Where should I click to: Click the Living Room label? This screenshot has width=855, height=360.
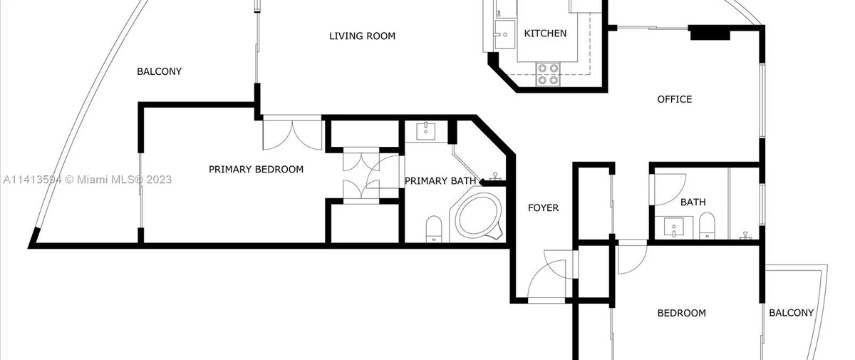click(362, 36)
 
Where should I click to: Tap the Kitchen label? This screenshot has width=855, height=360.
click(545, 34)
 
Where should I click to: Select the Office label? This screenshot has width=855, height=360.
click(675, 99)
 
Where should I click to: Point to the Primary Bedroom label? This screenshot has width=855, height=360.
click(256, 169)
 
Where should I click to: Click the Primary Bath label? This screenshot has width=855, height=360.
click(440, 181)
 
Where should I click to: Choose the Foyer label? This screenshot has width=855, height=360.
click(543, 207)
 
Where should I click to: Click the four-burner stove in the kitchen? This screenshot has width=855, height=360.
click(548, 74)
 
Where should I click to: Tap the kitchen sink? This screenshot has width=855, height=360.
click(504, 34)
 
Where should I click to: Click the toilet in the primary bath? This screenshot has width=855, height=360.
click(434, 229)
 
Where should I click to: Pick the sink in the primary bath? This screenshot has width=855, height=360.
click(425, 131)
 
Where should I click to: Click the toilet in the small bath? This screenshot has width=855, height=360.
click(707, 225)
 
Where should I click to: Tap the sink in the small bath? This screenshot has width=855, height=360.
click(674, 227)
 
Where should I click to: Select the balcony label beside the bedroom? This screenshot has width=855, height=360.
click(792, 313)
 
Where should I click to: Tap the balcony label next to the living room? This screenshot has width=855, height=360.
click(159, 71)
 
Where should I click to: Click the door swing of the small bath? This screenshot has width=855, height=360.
click(670, 190)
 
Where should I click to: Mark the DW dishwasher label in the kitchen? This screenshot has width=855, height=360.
click(499, 13)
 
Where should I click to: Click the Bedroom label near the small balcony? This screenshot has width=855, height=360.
click(682, 313)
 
